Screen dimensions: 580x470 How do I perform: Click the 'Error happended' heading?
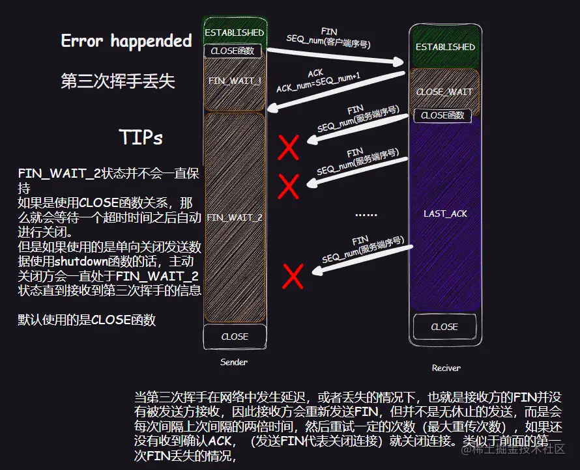(x=126, y=41)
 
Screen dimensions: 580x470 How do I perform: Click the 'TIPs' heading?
(x=141, y=137)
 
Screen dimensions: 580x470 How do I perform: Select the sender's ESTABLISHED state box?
(x=234, y=32)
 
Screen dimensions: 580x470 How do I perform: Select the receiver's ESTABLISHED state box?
(x=445, y=47)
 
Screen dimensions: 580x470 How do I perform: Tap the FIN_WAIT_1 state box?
(x=235, y=81)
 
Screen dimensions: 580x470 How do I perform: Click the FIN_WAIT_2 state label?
(x=235, y=217)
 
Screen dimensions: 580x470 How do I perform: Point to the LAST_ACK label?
(x=445, y=214)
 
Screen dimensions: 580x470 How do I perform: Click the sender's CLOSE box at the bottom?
(x=235, y=337)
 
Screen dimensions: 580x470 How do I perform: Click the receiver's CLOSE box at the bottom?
(x=444, y=327)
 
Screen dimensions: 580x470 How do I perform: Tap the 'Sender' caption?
(x=234, y=362)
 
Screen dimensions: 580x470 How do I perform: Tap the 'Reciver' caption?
(x=446, y=368)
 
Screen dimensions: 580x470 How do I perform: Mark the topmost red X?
(x=289, y=148)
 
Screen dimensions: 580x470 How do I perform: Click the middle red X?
(x=288, y=187)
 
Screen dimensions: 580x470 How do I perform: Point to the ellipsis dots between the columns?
(x=366, y=214)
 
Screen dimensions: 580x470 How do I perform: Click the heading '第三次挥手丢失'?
(x=117, y=81)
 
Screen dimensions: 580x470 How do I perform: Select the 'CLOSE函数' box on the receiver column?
(x=442, y=115)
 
